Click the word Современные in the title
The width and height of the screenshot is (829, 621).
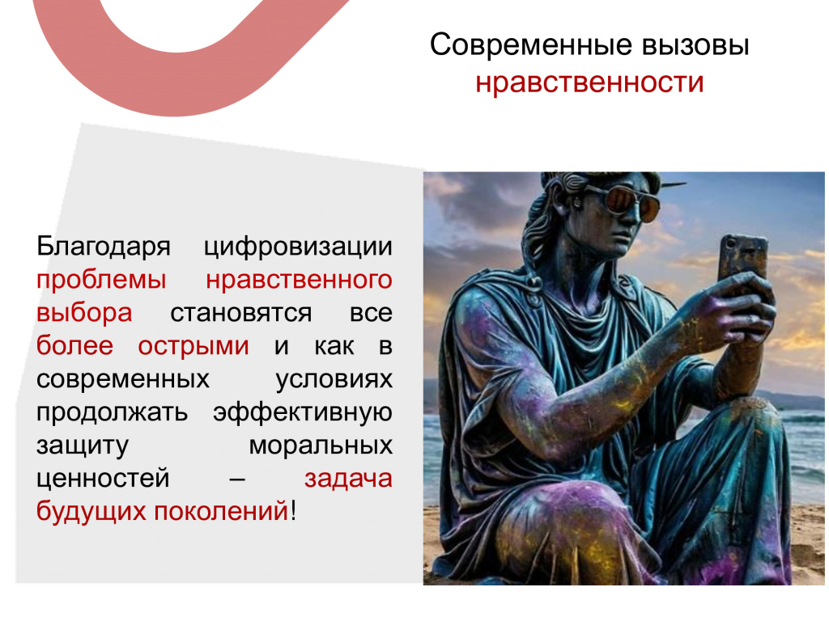pos(531,45)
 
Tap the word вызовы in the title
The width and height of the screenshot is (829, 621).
pos(695,45)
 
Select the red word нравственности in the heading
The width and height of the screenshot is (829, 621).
pos(589,83)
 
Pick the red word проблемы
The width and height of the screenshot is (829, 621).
pos(101,281)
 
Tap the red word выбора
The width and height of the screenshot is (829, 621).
pos(84,313)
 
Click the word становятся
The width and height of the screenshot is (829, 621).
pos(240,314)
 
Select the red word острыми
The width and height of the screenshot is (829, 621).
pos(193,347)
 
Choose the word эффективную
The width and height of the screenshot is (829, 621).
pos(303,412)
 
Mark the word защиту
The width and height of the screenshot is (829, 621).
pos(82,446)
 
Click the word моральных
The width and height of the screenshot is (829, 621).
pos(321,446)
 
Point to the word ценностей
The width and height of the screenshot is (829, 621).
pos(103,479)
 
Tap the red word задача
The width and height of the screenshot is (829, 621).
pos(348,479)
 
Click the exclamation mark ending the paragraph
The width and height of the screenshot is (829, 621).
pos(293,511)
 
